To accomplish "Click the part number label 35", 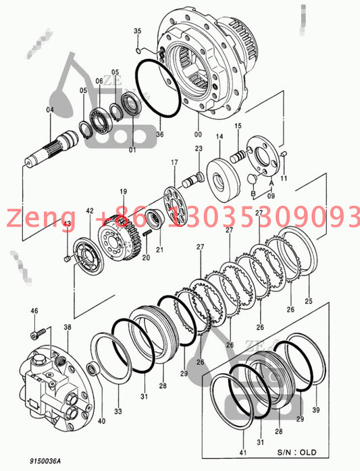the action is pyautogui.click(x=137, y=31).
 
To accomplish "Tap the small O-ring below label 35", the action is pyautogui.click(x=138, y=51).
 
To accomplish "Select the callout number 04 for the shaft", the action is pyautogui.click(x=50, y=110).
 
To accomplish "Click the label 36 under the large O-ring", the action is pyautogui.click(x=160, y=134).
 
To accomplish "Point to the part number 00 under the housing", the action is pyautogui.click(x=198, y=134).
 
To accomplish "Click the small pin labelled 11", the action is pyautogui.click(x=283, y=154).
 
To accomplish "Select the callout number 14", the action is pyautogui.click(x=220, y=136).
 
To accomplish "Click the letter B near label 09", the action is pyautogui.click(x=253, y=194).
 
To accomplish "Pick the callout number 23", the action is pyautogui.click(x=199, y=148).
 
